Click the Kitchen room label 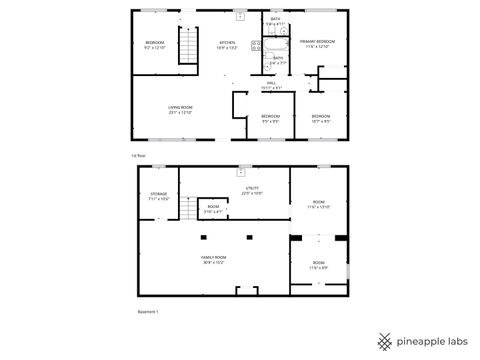coord(226,43)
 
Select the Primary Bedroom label coord(318,43)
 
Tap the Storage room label coord(159,196)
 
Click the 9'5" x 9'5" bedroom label coord(271,118)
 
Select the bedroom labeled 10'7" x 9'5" coord(320,118)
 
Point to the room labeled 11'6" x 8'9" coord(318,266)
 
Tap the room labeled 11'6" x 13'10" coord(318,204)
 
